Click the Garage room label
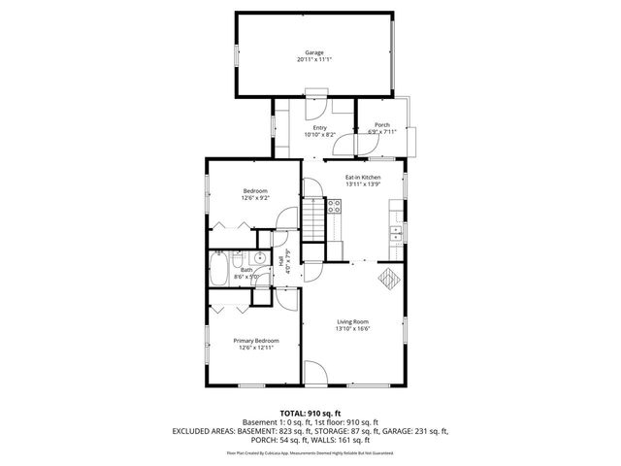(x=313, y=52)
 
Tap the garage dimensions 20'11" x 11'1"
(x=313, y=60)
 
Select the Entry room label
(x=319, y=127)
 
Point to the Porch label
(x=381, y=125)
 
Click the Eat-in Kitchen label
(x=362, y=178)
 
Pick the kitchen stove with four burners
(x=334, y=205)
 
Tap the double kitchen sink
(x=396, y=233)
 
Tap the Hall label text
(x=281, y=260)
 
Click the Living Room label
(x=354, y=321)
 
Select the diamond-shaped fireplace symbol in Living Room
(x=388, y=278)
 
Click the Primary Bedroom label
(x=256, y=341)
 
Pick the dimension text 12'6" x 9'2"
(x=255, y=198)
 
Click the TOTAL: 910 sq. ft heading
(x=310, y=413)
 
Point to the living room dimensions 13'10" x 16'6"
(x=354, y=329)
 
